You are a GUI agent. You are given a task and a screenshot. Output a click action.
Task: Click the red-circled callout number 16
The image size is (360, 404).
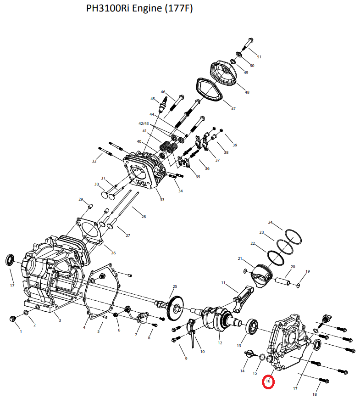268,381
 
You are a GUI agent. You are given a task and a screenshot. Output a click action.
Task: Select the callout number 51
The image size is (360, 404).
259,57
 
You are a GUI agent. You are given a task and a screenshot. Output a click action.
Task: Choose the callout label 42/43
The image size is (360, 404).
144,123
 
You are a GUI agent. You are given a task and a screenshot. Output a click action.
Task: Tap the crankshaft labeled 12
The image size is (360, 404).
252,327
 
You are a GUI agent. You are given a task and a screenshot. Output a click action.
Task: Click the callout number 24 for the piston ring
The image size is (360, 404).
270,222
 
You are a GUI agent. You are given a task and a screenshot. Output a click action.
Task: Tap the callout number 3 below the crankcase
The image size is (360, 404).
60,320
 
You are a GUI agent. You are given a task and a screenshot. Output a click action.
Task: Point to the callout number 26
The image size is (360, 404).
113,253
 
